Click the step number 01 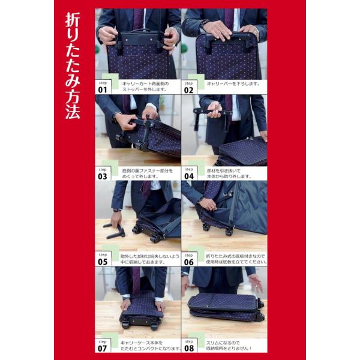103,90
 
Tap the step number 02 189,90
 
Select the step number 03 103,176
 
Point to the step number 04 189,176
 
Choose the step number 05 103,262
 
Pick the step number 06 189,262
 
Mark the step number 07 103,348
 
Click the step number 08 189,348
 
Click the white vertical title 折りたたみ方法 73,66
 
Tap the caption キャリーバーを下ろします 233,84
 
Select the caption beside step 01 145,86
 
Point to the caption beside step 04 229,173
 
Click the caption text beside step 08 229,346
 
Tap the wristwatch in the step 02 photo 203,23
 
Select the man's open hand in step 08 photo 256,284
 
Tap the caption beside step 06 236,259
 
